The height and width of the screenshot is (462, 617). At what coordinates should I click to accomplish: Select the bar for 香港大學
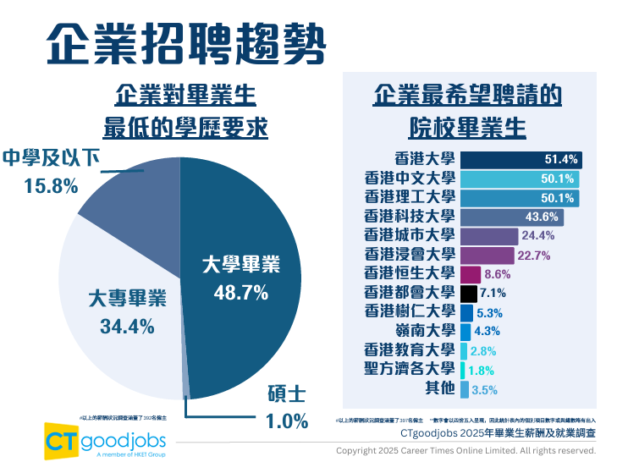click(x=521, y=159)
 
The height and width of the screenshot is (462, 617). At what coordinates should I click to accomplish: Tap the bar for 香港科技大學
click(x=521, y=216)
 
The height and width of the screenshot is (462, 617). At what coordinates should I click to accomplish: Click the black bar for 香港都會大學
click(x=469, y=293)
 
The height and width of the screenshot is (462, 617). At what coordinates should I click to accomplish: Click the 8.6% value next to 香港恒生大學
click(x=498, y=274)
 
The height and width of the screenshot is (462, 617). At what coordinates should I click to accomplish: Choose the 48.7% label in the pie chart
click(x=240, y=293)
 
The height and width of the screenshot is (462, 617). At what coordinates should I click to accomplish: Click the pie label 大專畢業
click(x=127, y=300)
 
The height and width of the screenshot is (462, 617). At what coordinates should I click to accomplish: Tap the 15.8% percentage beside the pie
click(x=52, y=184)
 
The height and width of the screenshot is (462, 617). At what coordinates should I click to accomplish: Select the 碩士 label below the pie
click(x=280, y=395)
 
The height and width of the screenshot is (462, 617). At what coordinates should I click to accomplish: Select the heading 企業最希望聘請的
click(x=467, y=95)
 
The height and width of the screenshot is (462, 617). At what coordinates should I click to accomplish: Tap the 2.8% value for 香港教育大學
click(x=483, y=350)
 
